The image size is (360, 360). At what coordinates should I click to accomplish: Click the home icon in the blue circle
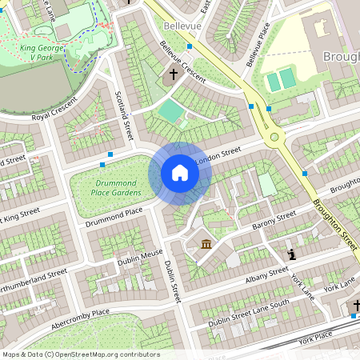click(180, 173)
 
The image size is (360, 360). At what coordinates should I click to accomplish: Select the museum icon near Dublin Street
click(206, 243)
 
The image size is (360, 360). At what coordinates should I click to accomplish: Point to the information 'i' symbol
click(291, 254)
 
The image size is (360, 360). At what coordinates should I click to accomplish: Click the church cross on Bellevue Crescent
click(174, 74)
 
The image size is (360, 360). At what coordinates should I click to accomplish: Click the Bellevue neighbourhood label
click(181, 26)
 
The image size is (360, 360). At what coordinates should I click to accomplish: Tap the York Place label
click(314, 340)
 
